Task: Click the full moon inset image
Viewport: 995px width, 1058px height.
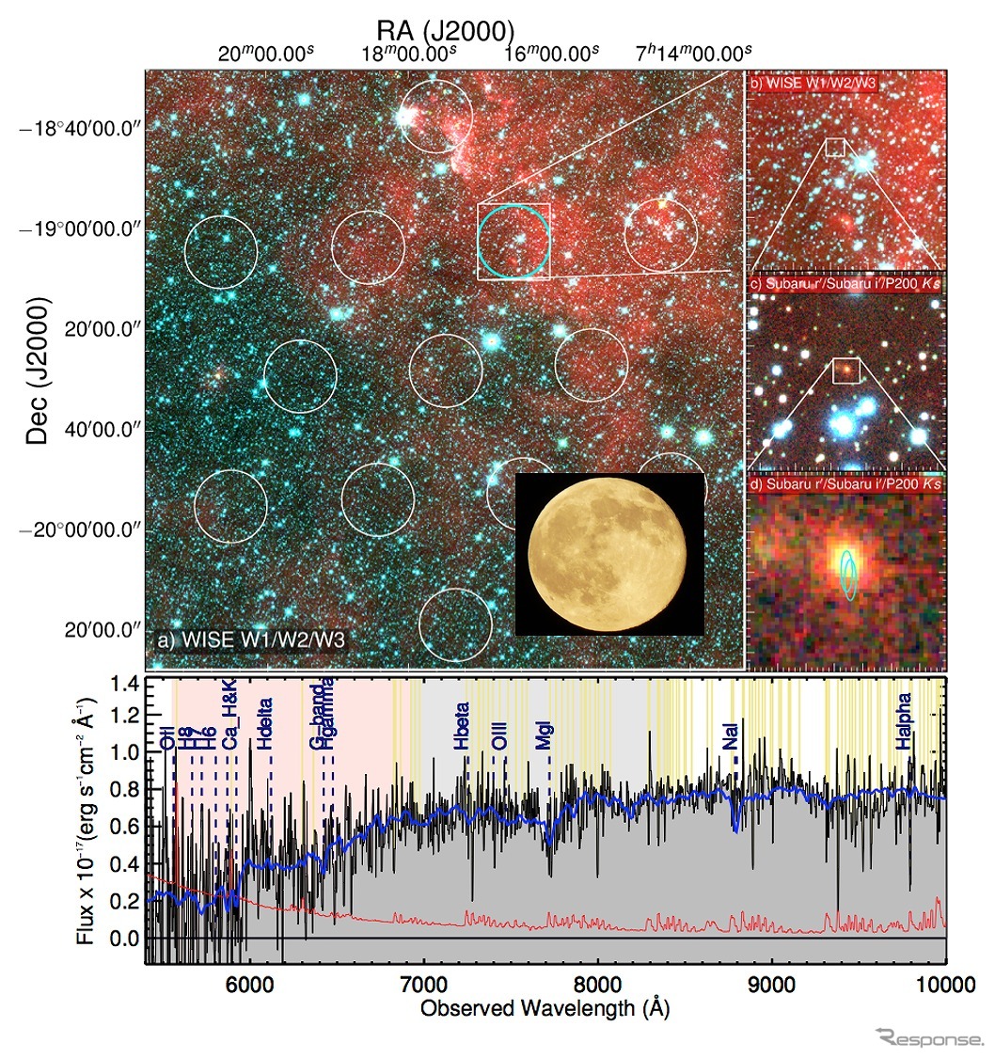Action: click(610, 553)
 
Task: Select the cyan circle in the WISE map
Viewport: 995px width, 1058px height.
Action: click(513, 242)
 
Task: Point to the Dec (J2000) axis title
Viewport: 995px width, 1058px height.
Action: click(37, 372)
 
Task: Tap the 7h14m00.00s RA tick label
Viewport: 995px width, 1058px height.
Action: click(694, 53)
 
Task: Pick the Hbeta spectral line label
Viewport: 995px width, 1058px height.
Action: click(462, 726)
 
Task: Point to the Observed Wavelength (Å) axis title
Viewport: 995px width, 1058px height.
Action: click(545, 1009)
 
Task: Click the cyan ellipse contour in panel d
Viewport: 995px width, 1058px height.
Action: click(848, 574)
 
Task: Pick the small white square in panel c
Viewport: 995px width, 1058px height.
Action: click(846, 371)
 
